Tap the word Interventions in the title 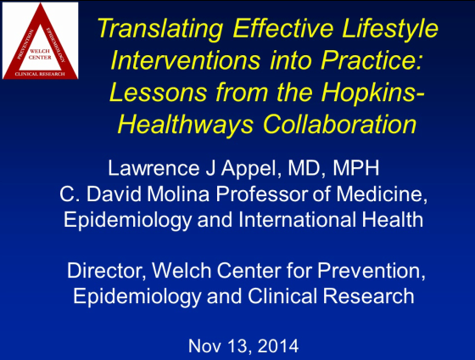[186, 60]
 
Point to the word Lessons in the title [158, 92]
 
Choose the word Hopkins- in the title [373, 93]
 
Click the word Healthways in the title [186, 124]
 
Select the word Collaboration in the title [340, 124]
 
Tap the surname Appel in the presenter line [249, 169]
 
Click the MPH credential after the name [356, 168]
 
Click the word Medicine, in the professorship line [382, 194]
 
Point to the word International [297, 219]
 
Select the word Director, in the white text [107, 271]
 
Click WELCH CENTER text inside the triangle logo [40, 54]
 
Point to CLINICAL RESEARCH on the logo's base [40, 75]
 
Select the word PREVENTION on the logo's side [25, 45]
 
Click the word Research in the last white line [368, 296]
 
